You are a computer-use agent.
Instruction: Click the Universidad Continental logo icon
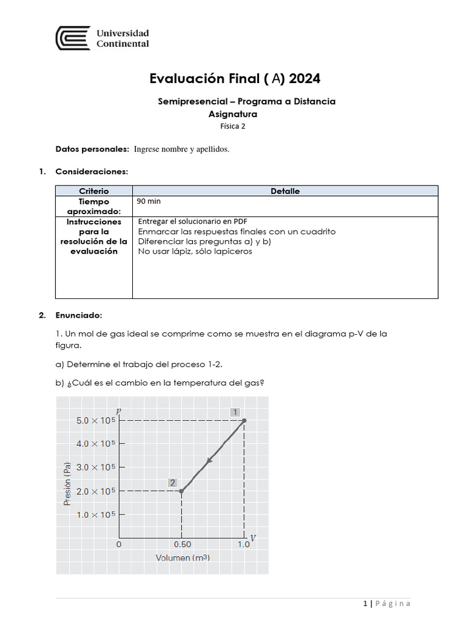[x=73, y=38]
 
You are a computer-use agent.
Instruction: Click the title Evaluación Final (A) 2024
[x=235, y=79]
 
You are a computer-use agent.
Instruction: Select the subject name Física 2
[x=233, y=126]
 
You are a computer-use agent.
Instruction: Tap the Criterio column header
[x=94, y=191]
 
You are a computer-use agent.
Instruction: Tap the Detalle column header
[x=285, y=191]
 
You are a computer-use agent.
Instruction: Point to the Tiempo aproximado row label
[x=94, y=206]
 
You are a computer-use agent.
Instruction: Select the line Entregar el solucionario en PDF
[x=193, y=221]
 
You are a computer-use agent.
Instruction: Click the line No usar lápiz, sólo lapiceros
[x=195, y=251]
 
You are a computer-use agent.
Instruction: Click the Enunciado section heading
[x=79, y=315]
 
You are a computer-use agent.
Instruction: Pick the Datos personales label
[x=92, y=149]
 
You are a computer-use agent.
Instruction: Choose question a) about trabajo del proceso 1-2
[x=149, y=364]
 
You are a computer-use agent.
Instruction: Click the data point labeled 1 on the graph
[x=244, y=420]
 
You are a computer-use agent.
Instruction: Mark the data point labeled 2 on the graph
[x=181, y=491]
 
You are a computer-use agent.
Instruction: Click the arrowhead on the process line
[x=210, y=460]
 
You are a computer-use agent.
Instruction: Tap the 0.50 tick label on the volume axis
[x=182, y=544]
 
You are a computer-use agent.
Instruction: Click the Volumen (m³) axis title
[x=183, y=557]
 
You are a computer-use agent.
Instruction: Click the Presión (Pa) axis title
[x=68, y=483]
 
